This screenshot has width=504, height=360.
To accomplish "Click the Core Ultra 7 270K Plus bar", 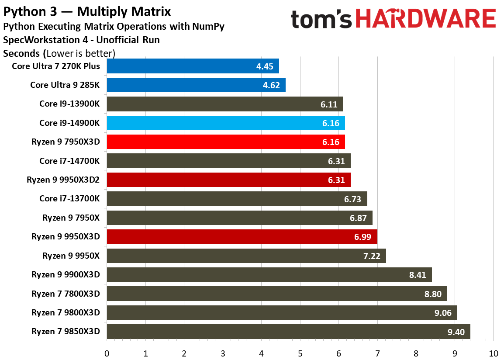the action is point(193,66).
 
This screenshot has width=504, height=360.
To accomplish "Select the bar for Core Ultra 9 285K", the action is point(196,85).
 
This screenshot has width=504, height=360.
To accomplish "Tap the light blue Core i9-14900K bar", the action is point(226,123).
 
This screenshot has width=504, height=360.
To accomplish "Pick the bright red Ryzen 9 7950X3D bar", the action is point(226,142).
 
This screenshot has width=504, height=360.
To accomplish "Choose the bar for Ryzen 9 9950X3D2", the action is point(229,180).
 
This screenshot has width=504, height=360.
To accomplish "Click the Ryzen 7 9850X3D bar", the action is point(289,332).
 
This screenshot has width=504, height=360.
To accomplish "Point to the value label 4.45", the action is point(265,66).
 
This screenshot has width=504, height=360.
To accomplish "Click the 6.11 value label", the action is point(329,104).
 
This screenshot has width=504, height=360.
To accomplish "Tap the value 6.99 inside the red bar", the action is point(362,237).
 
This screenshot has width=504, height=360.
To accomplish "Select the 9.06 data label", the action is point(443,313).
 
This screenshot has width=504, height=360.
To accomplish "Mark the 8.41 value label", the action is point(418,275).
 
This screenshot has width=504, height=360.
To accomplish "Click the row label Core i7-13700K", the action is point(69,199).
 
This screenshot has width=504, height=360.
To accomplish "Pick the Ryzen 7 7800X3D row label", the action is point(66,294).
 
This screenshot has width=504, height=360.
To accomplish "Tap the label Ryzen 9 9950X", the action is point(71,256).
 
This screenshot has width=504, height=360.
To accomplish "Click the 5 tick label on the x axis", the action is point(300,353).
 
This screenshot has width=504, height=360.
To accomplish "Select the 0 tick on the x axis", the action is point(107,353).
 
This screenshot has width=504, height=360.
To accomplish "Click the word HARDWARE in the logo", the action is point(426,19).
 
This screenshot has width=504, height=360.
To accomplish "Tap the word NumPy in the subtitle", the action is point(208,27).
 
